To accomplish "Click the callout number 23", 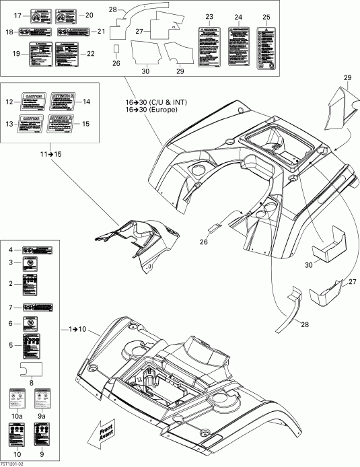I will (x=209, y=16).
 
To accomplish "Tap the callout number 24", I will (x=238, y=16).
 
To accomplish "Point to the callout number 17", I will (x=18, y=14).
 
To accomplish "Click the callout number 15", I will (x=85, y=124).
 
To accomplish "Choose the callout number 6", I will (x=10, y=323).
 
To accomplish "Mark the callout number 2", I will (x=10, y=284).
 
